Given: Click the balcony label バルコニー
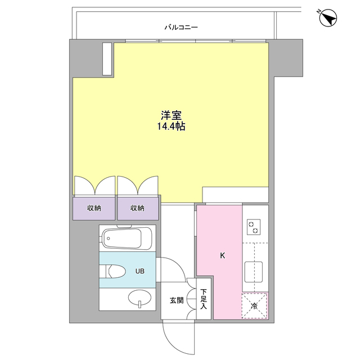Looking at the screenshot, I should [x=181, y=26].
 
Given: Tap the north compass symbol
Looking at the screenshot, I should [x=327, y=18].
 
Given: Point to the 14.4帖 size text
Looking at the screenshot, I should [x=172, y=128].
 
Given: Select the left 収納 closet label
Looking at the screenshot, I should [x=94, y=208].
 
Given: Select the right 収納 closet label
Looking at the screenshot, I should [x=138, y=208].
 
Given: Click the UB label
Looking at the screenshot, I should [x=139, y=271].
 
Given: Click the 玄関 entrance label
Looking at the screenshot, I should [x=176, y=300].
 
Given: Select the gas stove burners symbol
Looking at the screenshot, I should [x=253, y=226].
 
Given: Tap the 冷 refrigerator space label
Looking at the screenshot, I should [x=254, y=306].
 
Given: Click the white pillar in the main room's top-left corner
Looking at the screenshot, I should [x=107, y=58].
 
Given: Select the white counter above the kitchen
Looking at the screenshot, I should [x=236, y=194].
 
